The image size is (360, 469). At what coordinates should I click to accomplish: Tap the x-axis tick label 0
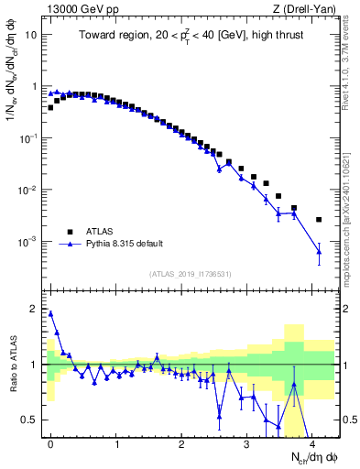[50, 443]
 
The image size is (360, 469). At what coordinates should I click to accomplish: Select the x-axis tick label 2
[181, 443]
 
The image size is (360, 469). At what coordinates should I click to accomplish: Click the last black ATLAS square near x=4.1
[319, 220]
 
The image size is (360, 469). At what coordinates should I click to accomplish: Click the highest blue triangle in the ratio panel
[50, 313]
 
